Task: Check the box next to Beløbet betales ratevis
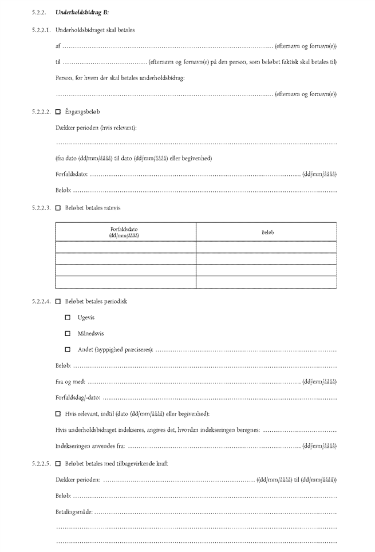pos(58,208)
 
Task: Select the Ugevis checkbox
pos(68,317)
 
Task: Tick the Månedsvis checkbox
pos(68,333)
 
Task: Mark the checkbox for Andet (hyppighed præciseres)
pos(68,349)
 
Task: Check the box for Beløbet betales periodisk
pos(58,301)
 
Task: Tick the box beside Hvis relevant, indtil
pos(58,413)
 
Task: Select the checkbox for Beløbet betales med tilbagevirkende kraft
pos(58,463)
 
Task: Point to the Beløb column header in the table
pos(266,232)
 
